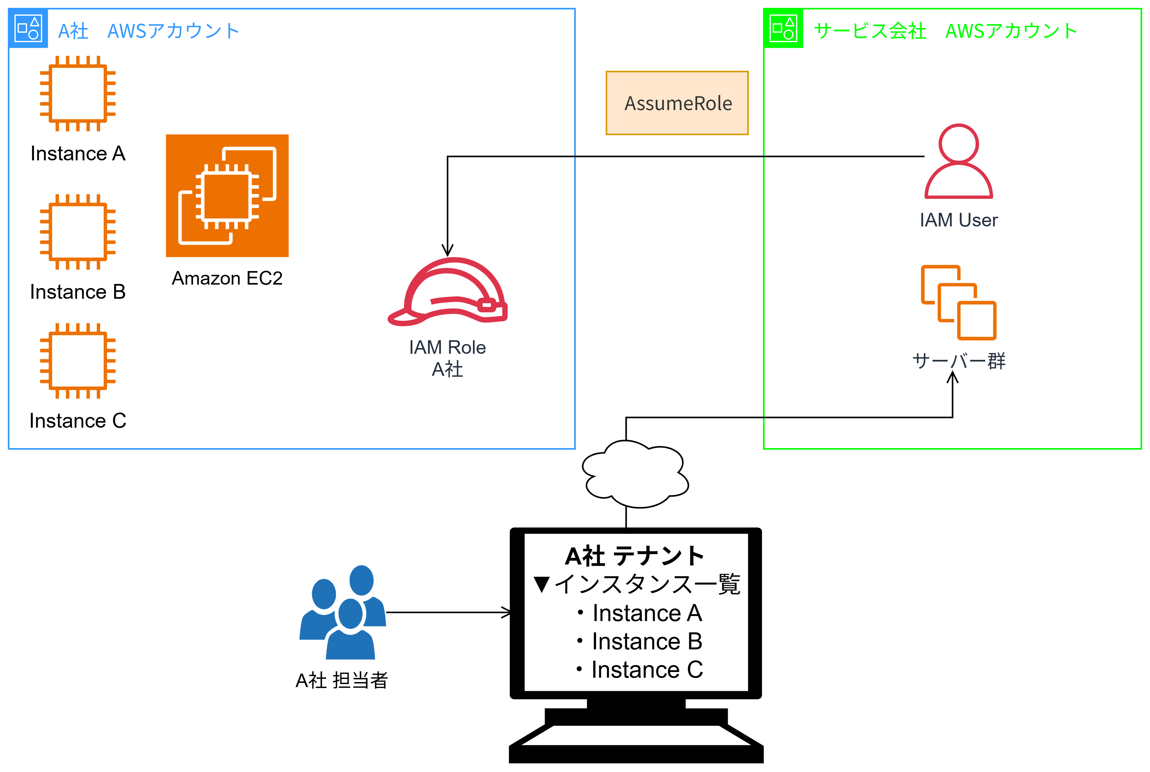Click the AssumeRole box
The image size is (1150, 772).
[677, 103]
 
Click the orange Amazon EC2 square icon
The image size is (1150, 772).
[227, 196]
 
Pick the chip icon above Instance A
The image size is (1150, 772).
[78, 93]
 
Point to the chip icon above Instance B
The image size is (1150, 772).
[78, 232]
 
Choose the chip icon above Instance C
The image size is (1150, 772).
[78, 361]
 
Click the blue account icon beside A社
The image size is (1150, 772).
[28, 28]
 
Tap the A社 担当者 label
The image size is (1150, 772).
[342, 680]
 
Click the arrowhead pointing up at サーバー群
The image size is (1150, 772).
[952, 378]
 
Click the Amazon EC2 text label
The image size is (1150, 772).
[227, 279]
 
